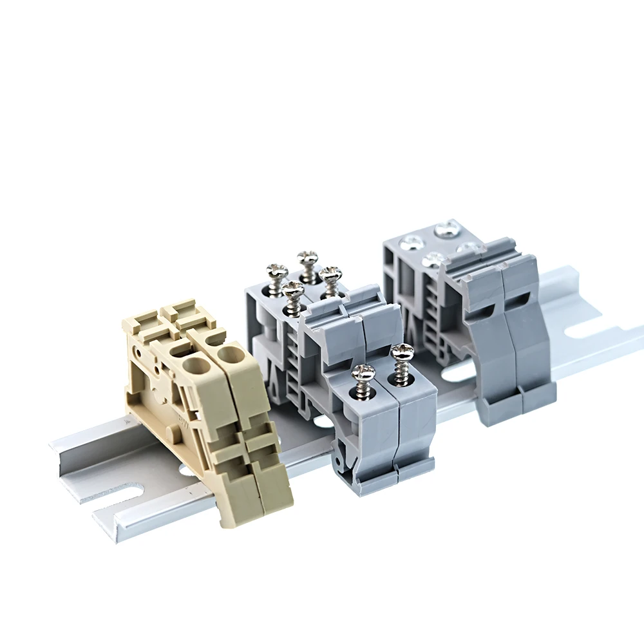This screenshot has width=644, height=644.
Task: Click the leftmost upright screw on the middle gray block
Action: [x=277, y=271]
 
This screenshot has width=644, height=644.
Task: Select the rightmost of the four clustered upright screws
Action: [x=330, y=275]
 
